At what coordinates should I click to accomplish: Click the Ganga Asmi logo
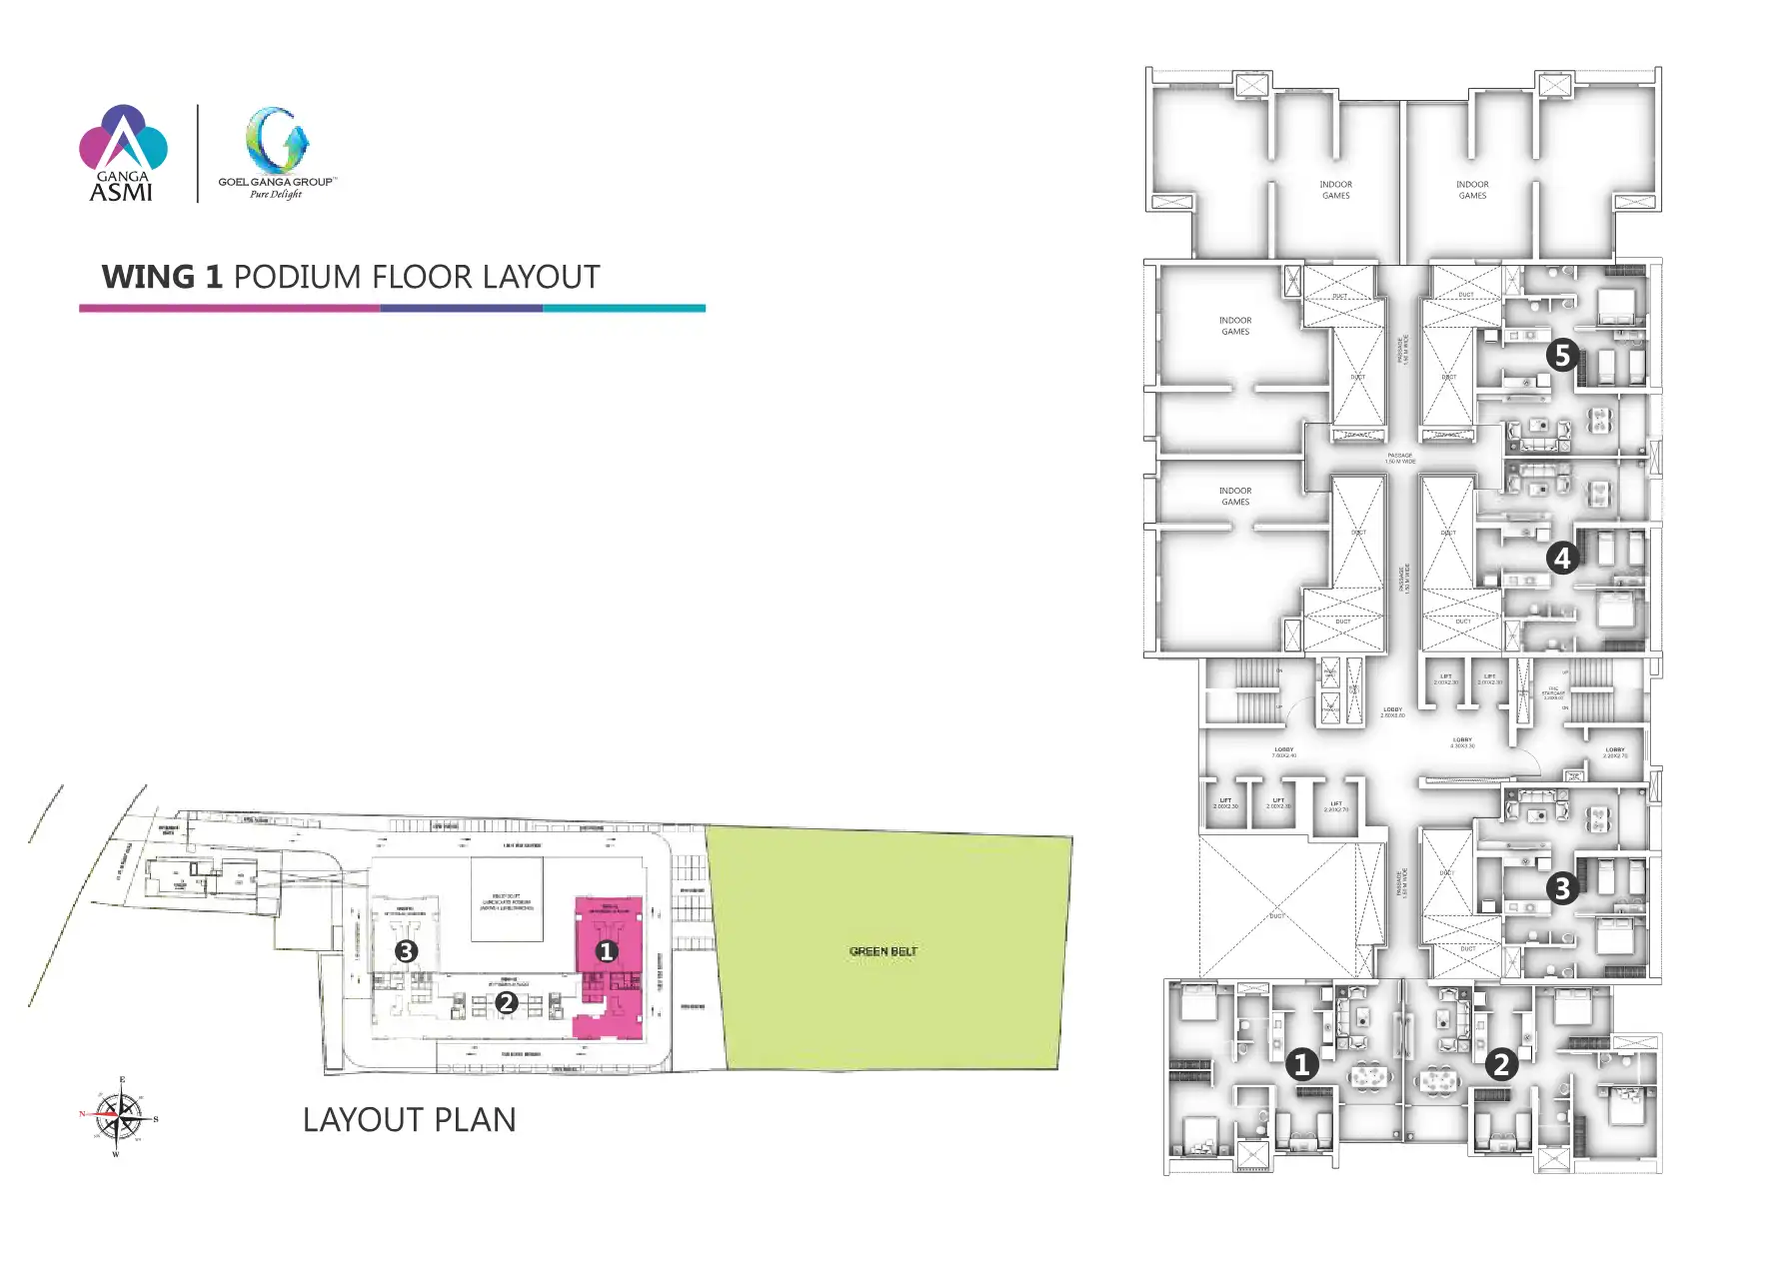(x=123, y=153)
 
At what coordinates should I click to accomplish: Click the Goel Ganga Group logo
(x=277, y=153)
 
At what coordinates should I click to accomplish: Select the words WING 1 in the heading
(x=162, y=277)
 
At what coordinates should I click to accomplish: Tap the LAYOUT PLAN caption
(x=409, y=1119)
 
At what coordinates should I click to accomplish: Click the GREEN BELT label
(x=883, y=951)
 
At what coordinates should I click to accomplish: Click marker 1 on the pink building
(x=606, y=951)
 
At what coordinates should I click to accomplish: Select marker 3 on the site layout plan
(x=406, y=951)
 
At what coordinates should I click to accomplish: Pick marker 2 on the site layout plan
(x=507, y=1001)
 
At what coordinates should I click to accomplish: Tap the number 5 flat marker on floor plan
(x=1562, y=355)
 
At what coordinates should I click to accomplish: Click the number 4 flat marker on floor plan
(x=1562, y=558)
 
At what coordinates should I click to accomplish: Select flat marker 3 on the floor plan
(x=1562, y=887)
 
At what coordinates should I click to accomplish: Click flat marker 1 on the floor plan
(x=1301, y=1064)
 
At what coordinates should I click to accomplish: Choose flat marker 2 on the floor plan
(x=1500, y=1064)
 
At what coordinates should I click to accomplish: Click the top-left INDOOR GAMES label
(x=1335, y=190)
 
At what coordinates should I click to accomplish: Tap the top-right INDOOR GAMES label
(x=1472, y=190)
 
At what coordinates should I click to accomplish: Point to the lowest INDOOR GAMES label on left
(x=1235, y=496)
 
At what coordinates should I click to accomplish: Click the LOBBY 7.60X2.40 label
(x=1284, y=751)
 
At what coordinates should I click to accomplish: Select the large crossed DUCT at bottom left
(x=1276, y=908)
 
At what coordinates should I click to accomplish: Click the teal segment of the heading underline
(x=624, y=308)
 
